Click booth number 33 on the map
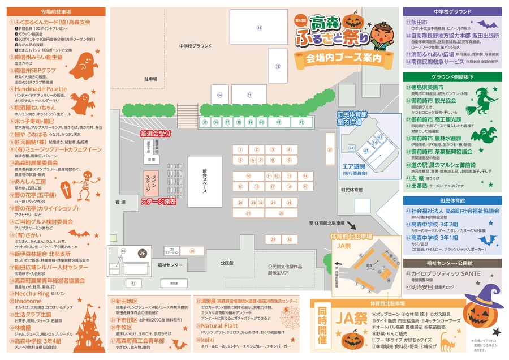click(259, 27)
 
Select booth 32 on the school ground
click(278, 66)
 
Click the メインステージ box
click(152, 183)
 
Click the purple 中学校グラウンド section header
click(452, 11)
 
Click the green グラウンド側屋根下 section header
click(452, 76)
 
